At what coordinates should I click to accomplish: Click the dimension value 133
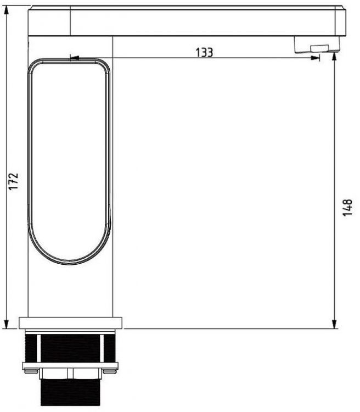[204, 53]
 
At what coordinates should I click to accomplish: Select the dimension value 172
[14, 181]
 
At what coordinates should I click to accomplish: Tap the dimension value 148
[347, 207]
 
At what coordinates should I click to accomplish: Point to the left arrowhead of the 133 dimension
[74, 57]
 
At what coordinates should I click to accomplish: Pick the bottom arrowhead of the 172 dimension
[7, 325]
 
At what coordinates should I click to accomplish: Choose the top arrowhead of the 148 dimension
[335, 57]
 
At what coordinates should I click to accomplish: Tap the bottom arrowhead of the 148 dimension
[335, 325]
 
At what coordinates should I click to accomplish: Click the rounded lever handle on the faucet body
[70, 159]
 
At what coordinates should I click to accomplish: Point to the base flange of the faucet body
[71, 323]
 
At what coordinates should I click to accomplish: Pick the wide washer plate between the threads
[70, 365]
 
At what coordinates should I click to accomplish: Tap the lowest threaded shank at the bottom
[70, 394]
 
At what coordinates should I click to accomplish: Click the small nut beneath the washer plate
[70, 374]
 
